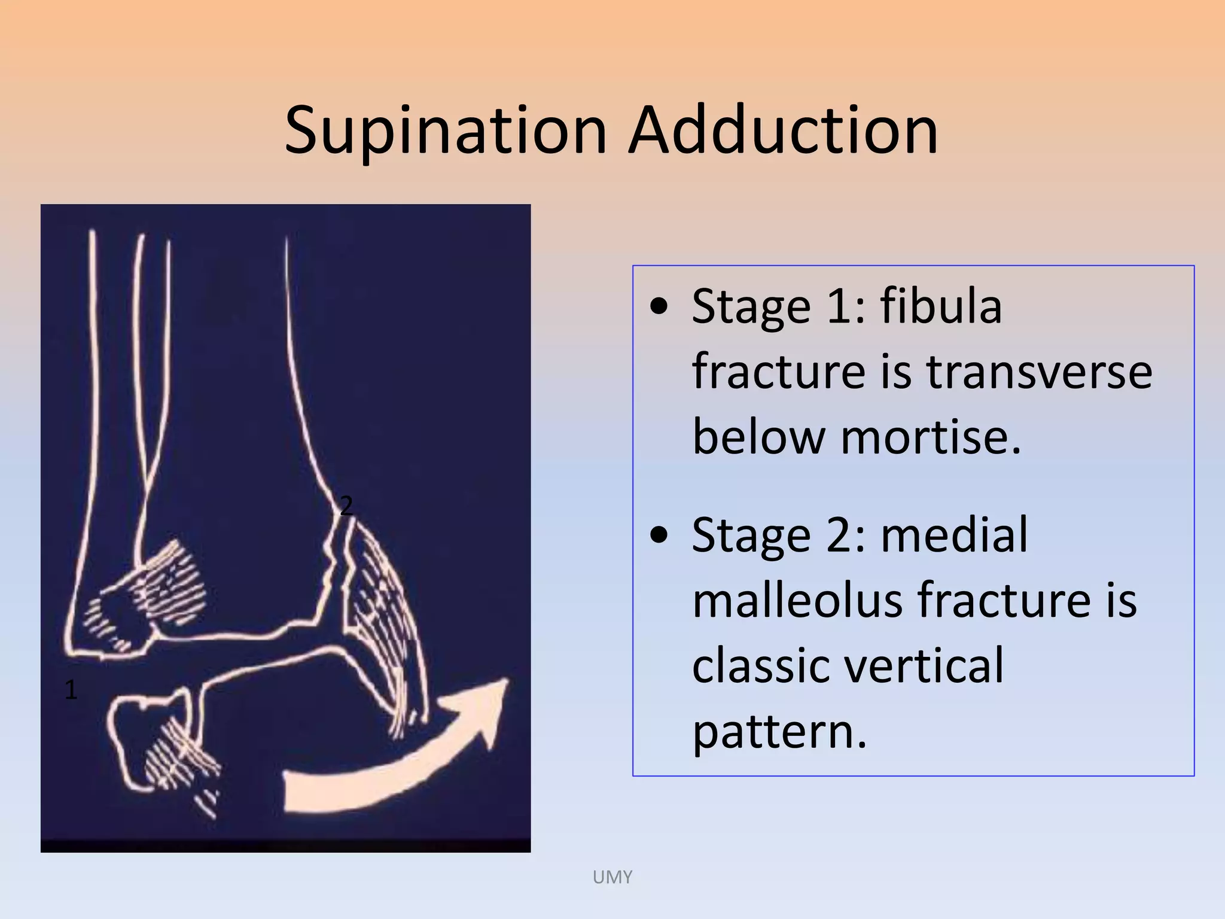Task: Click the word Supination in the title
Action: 446,130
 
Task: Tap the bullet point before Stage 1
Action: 659,308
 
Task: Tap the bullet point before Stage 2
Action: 659,535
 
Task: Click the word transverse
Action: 1039,372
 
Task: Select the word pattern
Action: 779,731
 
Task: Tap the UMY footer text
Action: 612,877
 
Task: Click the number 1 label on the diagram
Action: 71,690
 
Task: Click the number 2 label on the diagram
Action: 346,506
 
